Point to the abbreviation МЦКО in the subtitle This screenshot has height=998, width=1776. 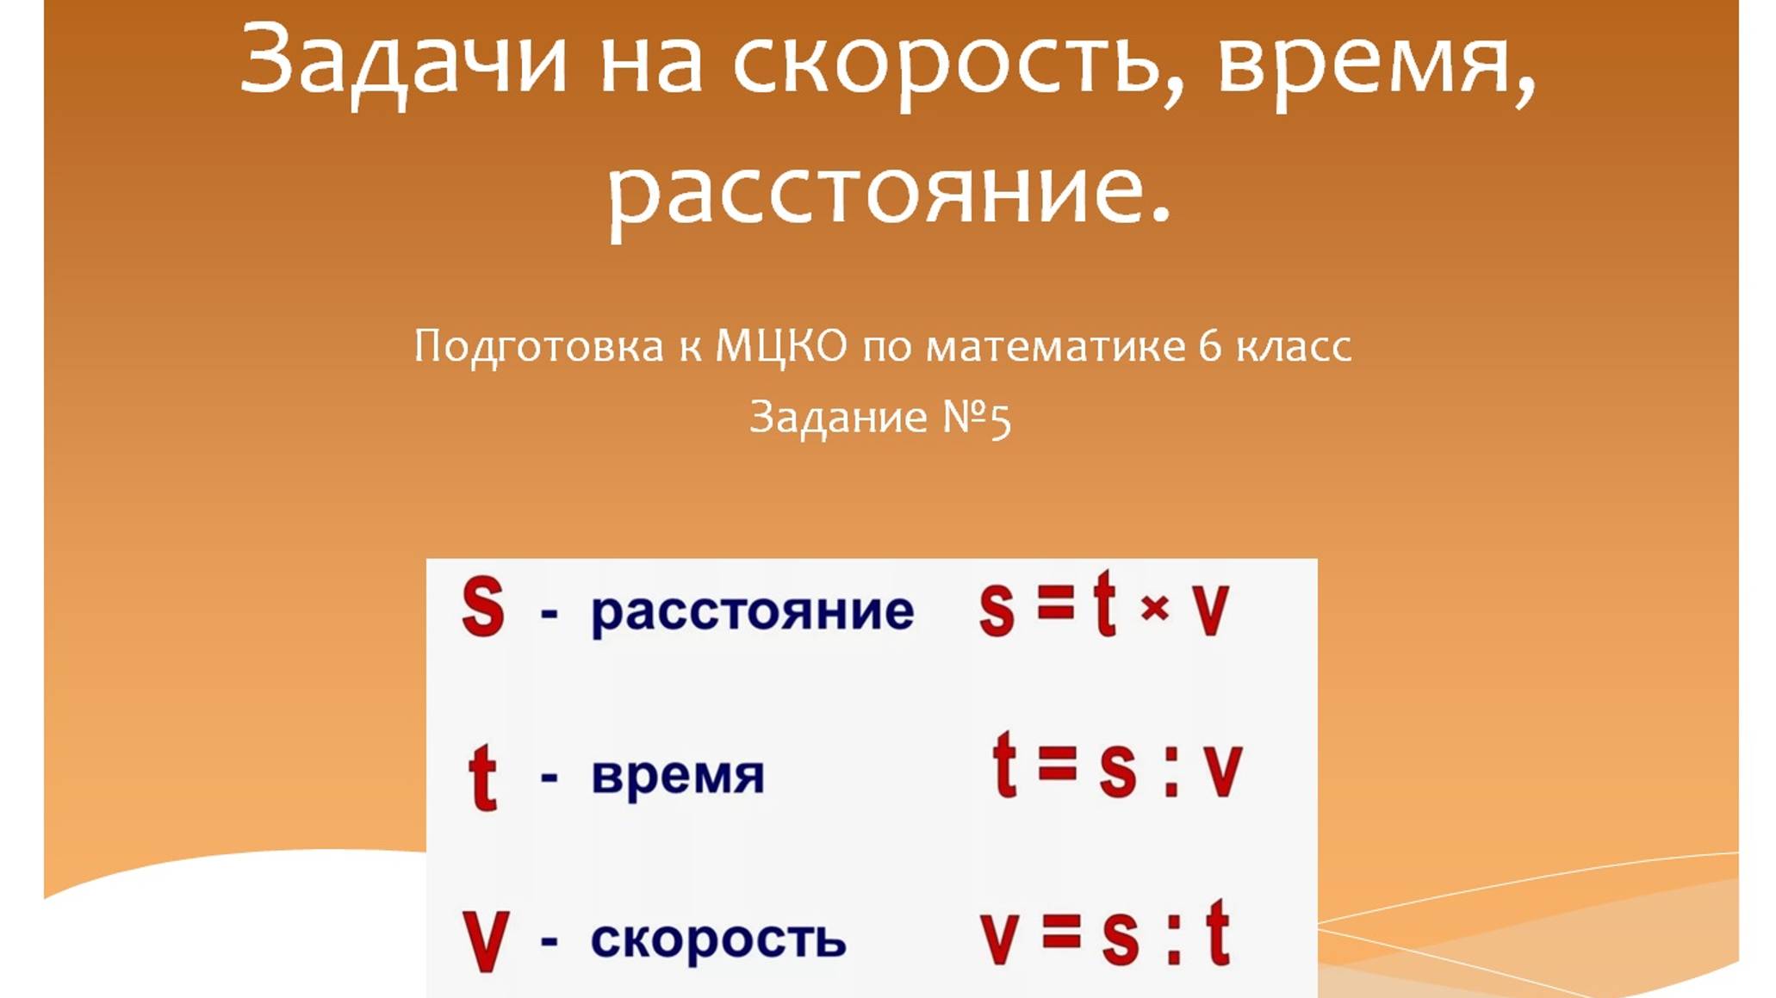click(781, 346)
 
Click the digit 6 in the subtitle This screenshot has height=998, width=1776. click(1209, 346)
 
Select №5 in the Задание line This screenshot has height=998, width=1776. click(977, 418)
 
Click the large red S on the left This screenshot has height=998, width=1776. click(482, 607)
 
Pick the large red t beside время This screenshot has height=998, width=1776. click(482, 777)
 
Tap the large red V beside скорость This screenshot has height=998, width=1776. click(485, 941)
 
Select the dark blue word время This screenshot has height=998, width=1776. click(677, 776)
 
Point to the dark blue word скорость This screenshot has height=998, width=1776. click(717, 939)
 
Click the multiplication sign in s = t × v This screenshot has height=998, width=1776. click(1154, 608)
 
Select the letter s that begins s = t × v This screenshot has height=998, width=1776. click(997, 610)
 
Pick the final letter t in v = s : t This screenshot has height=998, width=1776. click(1217, 933)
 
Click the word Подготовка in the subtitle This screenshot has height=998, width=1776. click(538, 346)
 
